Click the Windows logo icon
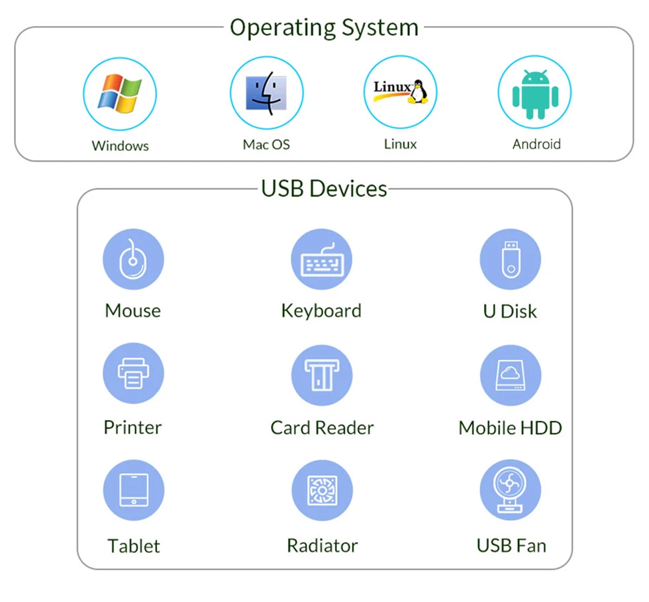[120, 93]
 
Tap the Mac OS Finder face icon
[266, 93]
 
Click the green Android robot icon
[535, 94]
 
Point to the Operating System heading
[324, 28]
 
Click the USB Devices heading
[324, 189]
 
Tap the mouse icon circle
[133, 259]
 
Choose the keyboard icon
[322, 259]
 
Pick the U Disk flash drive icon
[511, 259]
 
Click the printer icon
[133, 373]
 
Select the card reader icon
[322, 375]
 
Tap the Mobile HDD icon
[511, 375]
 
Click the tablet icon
[134, 490]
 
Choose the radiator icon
[323, 490]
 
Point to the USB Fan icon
[511, 490]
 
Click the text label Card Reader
[322, 428]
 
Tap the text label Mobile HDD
[511, 428]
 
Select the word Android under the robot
[536, 144]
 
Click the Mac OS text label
[266, 144]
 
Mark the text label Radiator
[323, 546]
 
